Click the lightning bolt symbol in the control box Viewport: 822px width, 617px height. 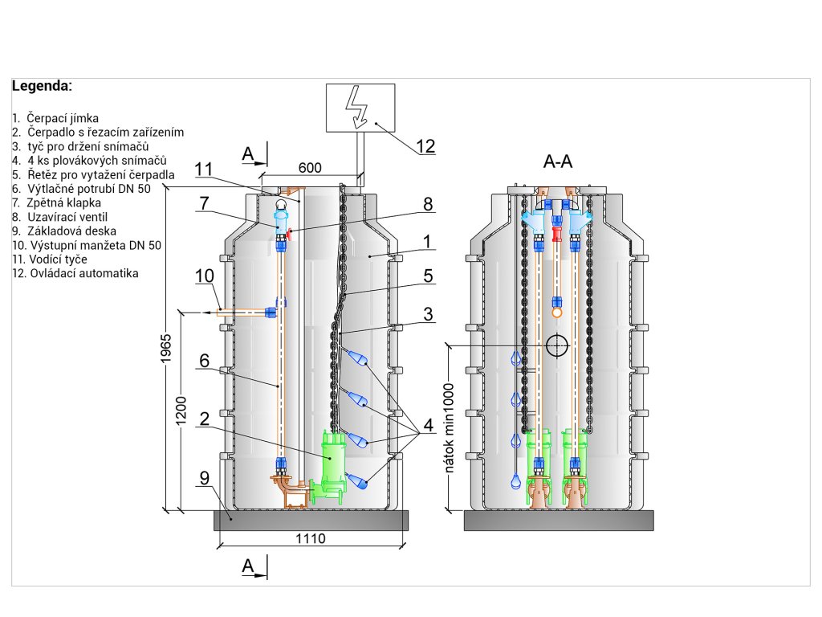point(357,107)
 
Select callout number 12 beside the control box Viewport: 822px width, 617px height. point(425,146)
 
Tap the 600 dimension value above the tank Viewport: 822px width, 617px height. point(310,168)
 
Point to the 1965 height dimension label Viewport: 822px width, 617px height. point(166,348)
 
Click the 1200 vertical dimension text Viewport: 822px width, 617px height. point(181,411)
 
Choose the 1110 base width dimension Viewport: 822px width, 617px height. point(311,538)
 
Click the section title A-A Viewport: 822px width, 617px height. point(558,161)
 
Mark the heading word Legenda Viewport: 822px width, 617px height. point(42,86)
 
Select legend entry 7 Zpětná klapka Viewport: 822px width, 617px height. point(57,203)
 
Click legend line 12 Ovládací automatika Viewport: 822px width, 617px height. point(75,273)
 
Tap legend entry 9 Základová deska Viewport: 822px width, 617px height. point(64,231)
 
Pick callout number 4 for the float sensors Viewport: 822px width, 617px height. point(429,425)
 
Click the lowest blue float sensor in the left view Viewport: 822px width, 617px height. point(357,480)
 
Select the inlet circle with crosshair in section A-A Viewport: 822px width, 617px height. point(557,345)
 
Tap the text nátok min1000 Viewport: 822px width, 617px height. point(449,428)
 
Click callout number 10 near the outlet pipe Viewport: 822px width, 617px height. point(205,276)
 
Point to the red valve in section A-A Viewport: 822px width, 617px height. point(557,234)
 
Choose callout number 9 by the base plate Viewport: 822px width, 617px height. point(205,478)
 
